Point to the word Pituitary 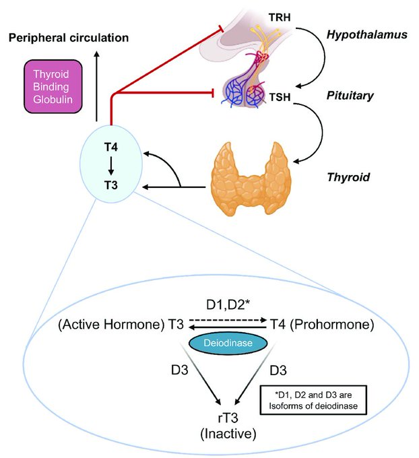point(370,96)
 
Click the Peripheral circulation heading point(68,37)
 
